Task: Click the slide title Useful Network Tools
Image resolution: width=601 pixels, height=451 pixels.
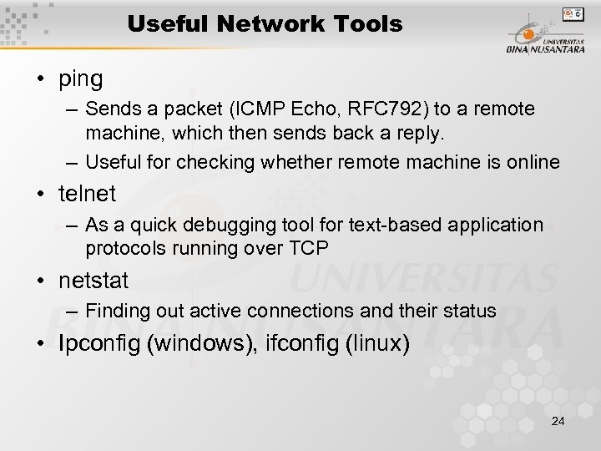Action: (265, 25)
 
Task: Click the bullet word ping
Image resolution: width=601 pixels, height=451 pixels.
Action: (81, 79)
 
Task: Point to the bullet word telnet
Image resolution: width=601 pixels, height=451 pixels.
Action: (87, 195)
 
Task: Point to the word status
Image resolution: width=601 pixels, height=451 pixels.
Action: (471, 312)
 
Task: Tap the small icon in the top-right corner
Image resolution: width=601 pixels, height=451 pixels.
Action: (572, 14)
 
